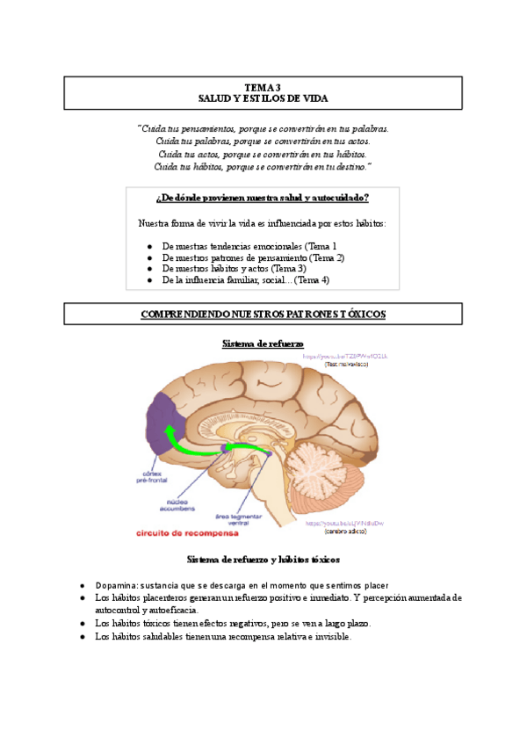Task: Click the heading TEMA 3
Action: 263,87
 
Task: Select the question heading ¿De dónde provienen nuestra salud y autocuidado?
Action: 263,198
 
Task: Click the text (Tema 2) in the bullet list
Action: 328,257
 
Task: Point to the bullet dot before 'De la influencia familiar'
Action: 150,280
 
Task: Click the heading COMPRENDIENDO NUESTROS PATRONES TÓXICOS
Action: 263,314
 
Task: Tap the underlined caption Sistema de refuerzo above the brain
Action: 263,344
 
